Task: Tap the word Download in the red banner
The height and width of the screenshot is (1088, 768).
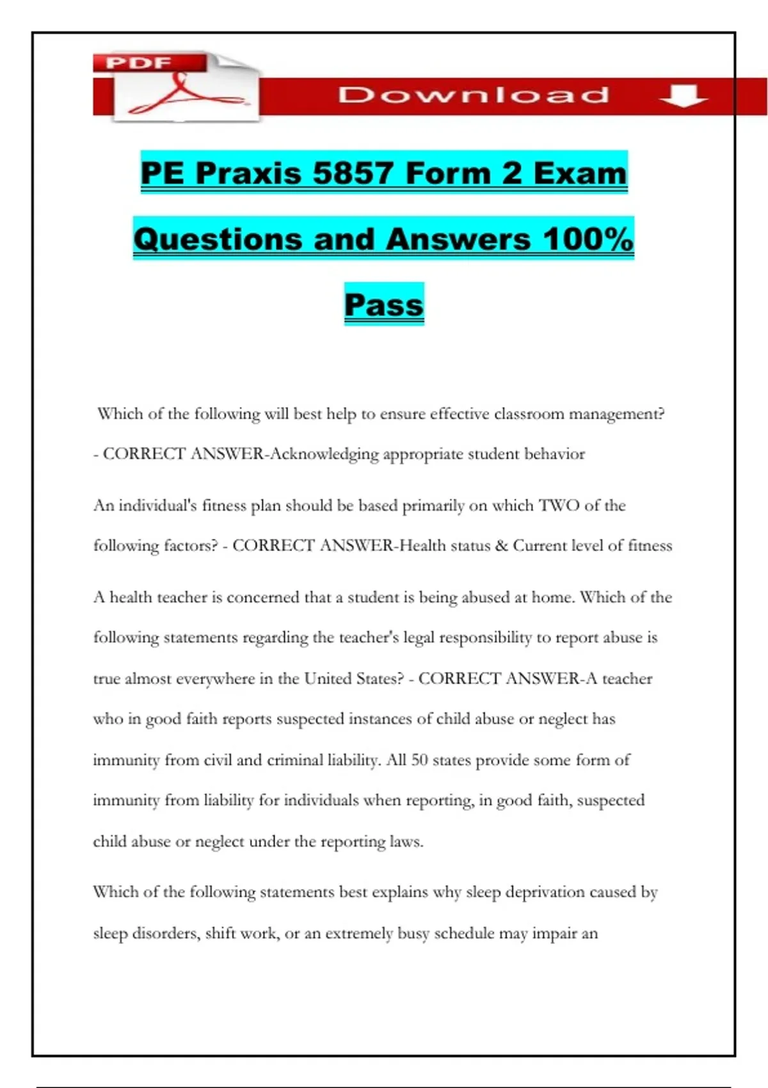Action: [474, 95]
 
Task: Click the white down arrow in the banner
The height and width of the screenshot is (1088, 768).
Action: [684, 96]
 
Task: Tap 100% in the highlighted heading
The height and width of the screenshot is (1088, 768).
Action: [588, 239]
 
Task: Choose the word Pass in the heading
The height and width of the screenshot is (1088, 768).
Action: [384, 305]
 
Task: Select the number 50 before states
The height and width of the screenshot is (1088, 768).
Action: [419, 760]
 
